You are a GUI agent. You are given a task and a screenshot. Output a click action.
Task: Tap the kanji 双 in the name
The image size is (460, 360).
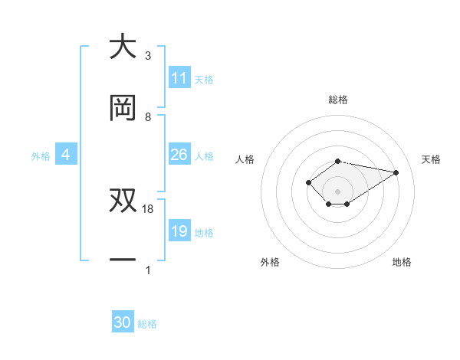(123, 200)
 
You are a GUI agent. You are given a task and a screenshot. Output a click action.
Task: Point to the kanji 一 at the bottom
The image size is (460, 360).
(123, 260)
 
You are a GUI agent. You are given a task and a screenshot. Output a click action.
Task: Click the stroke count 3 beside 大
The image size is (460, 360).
(148, 55)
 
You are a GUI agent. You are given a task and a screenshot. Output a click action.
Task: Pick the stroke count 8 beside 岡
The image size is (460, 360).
(148, 116)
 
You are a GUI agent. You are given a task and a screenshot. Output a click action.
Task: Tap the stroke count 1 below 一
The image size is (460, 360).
(148, 270)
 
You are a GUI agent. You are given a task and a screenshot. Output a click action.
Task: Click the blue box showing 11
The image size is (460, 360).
(179, 78)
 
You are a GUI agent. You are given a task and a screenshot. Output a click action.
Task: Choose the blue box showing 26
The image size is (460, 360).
(179, 155)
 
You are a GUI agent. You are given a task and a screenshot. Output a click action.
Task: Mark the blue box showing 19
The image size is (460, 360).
(179, 231)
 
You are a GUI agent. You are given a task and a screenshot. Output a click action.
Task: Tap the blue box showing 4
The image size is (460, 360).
(66, 155)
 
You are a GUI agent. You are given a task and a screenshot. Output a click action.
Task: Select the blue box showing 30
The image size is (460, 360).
(123, 322)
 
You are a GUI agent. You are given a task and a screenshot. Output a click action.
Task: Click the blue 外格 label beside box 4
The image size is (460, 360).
(41, 155)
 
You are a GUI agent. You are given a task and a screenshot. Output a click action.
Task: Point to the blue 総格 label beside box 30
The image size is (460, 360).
(147, 324)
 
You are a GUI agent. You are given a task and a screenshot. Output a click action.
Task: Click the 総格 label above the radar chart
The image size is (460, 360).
(338, 100)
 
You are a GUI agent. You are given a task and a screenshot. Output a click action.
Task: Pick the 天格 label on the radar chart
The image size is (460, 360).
(431, 159)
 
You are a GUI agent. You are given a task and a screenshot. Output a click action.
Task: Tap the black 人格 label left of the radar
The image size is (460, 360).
(245, 159)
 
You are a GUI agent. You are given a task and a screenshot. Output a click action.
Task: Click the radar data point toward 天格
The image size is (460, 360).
(396, 172)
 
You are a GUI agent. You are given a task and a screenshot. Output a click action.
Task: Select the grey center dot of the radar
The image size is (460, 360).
(338, 191)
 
